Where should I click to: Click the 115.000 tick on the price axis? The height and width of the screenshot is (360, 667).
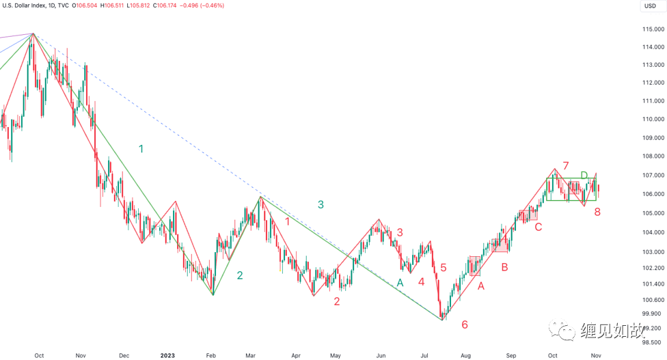(653, 29)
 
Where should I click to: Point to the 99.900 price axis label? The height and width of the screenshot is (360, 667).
(651, 314)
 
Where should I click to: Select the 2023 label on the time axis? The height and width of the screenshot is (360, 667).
(168, 356)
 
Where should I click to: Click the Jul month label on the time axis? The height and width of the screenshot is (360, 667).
(424, 356)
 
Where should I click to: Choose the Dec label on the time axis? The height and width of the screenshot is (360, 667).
(124, 356)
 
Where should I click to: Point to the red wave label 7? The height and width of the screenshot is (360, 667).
(565, 165)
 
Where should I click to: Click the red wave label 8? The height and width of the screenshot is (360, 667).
(597, 212)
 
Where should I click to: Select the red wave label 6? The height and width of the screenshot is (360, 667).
(465, 324)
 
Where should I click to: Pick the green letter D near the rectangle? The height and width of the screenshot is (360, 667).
(584, 176)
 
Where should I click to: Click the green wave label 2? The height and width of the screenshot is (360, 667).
(240, 275)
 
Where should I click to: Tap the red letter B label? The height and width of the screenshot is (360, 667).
(504, 267)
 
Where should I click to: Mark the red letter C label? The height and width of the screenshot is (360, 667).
(538, 226)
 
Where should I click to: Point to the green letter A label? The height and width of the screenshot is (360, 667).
(400, 282)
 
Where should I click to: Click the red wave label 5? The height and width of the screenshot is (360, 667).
(443, 268)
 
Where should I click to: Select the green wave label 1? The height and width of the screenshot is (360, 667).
(141, 149)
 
